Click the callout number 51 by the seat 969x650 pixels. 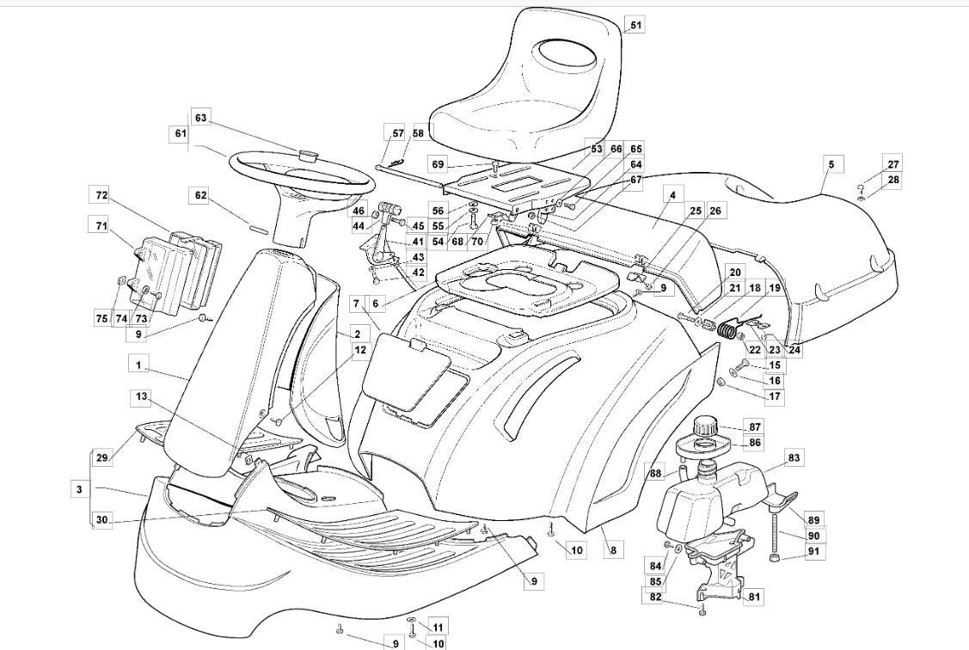pos(636,26)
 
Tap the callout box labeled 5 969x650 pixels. pos(831,163)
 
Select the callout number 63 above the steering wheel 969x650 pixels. pos(201,119)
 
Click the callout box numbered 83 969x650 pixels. pos(793,458)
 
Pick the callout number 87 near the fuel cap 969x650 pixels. pos(755,427)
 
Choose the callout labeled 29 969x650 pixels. pos(102,458)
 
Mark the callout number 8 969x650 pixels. pos(611,549)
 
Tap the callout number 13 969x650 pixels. pos(141,396)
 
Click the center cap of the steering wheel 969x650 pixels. pos(308,155)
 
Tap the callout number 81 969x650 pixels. pos(755,597)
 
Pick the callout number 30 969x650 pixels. pos(102,519)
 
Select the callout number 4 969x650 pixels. pos(671,196)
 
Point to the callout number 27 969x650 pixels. pos(893,164)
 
